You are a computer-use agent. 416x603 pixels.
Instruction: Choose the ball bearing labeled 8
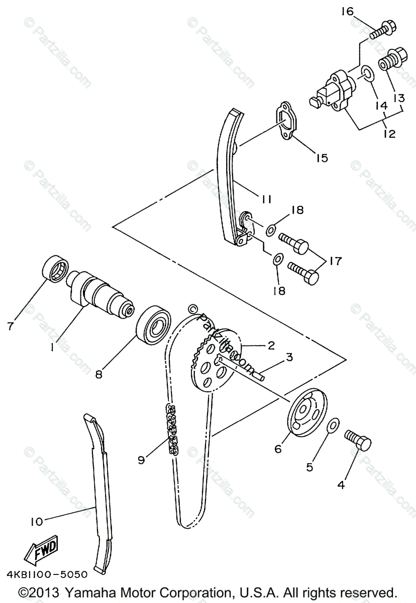coord(153,326)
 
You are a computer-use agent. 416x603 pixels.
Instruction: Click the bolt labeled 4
coord(358,441)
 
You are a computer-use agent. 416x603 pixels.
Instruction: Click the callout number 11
coord(267,199)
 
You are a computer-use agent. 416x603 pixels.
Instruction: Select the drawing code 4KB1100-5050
coord(47,574)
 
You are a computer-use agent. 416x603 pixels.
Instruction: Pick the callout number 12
coord(388,134)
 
